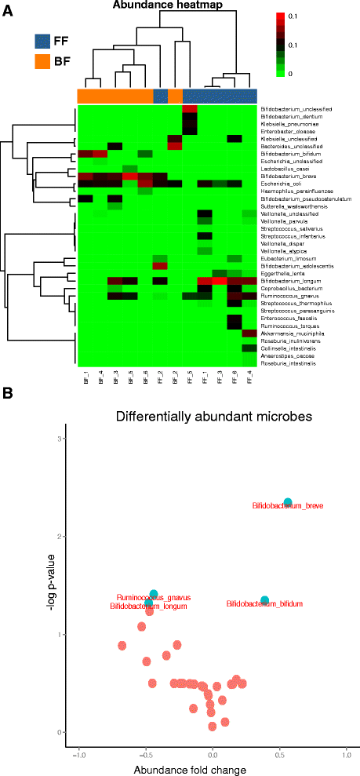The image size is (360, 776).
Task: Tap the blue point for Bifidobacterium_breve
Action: (x=288, y=502)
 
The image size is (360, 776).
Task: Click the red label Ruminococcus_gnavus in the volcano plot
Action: (x=154, y=597)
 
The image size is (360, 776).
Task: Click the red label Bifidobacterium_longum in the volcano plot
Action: (x=150, y=607)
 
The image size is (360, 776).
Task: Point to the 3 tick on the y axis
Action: (x=59, y=438)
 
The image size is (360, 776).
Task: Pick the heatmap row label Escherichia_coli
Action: (x=277, y=184)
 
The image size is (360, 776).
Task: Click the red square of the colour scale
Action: (x=281, y=17)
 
